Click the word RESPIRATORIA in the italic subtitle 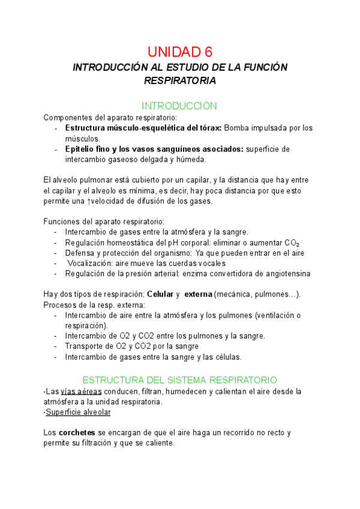[180, 80]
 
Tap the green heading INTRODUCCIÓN [180, 106]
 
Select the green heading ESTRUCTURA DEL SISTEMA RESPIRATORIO [179, 380]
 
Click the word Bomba [238, 128]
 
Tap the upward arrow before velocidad [89, 201]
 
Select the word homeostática [130, 242]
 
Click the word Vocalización [94, 263]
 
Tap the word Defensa [83, 253]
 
